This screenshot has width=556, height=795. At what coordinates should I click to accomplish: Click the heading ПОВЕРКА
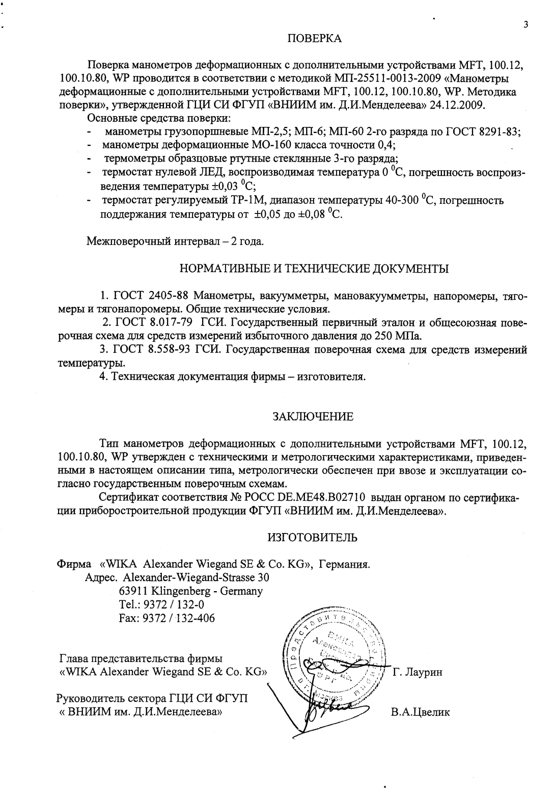tap(315, 39)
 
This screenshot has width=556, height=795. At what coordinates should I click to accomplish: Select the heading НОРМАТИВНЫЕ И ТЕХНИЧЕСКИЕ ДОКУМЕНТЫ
tap(314, 269)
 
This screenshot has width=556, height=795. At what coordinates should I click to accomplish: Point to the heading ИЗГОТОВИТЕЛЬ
tap(312, 537)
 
